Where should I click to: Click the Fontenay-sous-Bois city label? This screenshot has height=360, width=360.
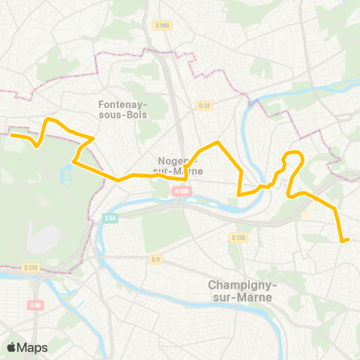point(124,109)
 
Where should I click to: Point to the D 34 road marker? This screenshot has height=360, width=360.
point(204,106)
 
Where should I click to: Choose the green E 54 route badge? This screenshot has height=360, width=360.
point(110,218)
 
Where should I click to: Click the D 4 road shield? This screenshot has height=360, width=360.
point(155,259)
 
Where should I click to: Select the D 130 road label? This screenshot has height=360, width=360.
point(238,238)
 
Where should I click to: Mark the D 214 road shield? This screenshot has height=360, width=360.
point(31,267)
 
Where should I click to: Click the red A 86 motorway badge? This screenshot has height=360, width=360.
point(35,304)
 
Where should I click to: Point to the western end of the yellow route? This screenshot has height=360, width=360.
point(11,135)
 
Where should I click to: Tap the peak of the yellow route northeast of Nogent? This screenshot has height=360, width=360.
point(217,142)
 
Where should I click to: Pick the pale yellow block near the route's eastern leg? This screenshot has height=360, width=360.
point(307,214)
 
